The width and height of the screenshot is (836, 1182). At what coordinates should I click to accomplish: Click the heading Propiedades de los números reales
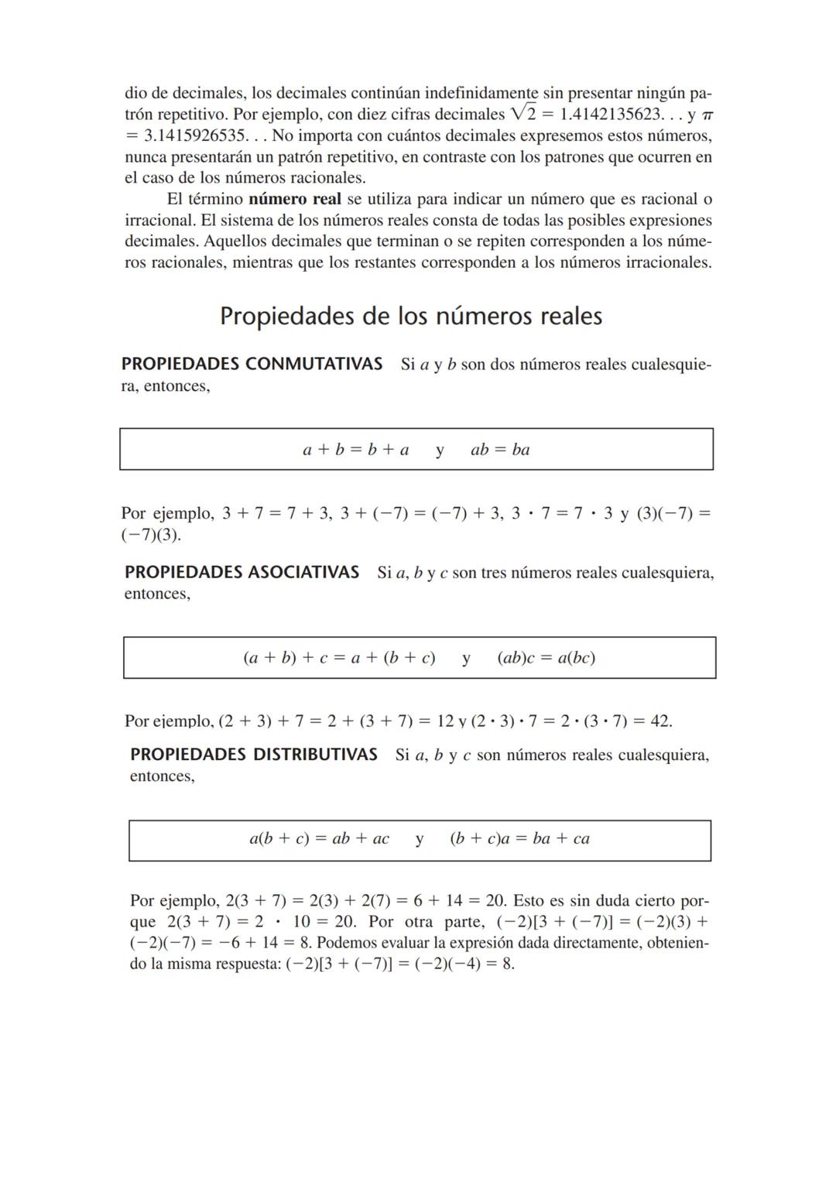(411, 317)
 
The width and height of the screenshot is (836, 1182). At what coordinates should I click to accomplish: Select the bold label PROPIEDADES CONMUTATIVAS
(252, 364)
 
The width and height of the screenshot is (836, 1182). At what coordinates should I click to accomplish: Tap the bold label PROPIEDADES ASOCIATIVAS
(242, 573)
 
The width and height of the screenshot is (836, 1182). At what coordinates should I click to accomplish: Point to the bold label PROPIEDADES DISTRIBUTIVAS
(253, 755)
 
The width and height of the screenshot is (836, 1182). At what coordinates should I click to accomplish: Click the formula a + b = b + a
(355, 450)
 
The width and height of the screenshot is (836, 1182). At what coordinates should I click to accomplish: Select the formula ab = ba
(500, 450)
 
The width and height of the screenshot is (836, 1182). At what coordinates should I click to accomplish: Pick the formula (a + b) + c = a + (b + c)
(339, 658)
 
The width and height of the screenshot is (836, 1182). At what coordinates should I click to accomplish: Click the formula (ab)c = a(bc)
(546, 658)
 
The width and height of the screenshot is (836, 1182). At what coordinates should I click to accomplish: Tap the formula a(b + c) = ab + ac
(319, 838)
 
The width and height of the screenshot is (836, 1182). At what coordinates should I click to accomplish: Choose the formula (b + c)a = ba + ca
(519, 838)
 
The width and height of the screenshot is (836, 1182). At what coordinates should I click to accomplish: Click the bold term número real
(295, 199)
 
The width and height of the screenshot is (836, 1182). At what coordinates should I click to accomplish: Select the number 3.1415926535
(197, 136)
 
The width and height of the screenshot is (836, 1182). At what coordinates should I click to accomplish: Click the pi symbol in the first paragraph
(706, 115)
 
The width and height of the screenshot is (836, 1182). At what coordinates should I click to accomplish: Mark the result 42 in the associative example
(660, 721)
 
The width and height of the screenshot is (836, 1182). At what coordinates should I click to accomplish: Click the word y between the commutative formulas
(440, 450)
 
